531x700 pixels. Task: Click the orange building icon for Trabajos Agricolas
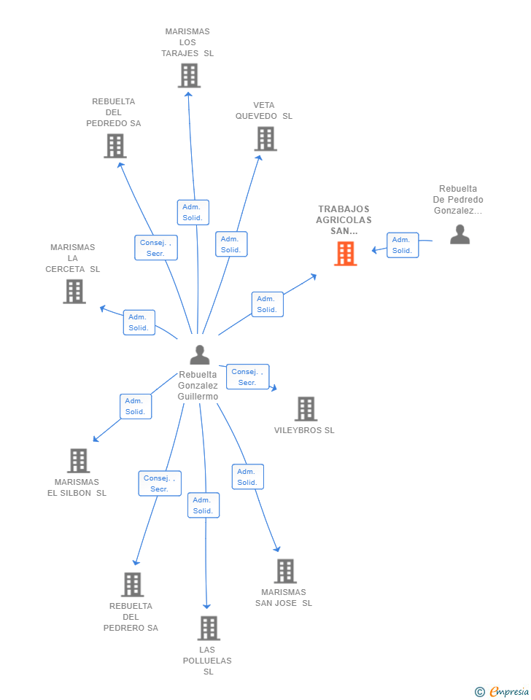pyautogui.click(x=345, y=254)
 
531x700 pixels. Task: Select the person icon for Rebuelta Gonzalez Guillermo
pyautogui.click(x=200, y=355)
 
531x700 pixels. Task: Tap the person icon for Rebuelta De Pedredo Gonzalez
pyautogui.click(x=460, y=234)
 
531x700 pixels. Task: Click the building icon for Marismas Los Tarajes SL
pyautogui.click(x=190, y=75)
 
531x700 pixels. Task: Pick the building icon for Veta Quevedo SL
pyautogui.click(x=265, y=139)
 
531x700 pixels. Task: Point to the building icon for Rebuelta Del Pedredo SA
pyautogui.click(x=115, y=146)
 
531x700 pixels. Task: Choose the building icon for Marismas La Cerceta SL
pyautogui.click(x=74, y=292)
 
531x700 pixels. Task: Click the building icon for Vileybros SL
pyautogui.click(x=306, y=409)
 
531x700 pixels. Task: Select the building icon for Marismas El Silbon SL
pyautogui.click(x=79, y=461)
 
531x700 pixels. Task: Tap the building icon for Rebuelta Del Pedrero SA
pyautogui.click(x=133, y=585)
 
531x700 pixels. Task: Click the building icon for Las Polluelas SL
pyautogui.click(x=209, y=628)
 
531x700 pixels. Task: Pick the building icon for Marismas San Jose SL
pyautogui.click(x=285, y=571)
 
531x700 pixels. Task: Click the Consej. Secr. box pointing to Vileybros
pyautogui.click(x=247, y=377)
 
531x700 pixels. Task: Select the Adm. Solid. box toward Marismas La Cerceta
pyautogui.click(x=139, y=322)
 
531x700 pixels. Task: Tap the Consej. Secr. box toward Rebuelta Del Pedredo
pyautogui.click(x=156, y=248)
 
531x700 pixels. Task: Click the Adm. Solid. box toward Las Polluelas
pyautogui.click(x=204, y=505)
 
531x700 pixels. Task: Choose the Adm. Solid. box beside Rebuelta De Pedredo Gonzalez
pyautogui.click(x=403, y=245)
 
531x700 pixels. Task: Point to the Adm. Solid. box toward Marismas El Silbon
pyautogui.click(x=136, y=406)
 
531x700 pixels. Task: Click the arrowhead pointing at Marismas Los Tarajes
pyautogui.click(x=188, y=94)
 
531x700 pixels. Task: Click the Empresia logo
pyautogui.click(x=502, y=691)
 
